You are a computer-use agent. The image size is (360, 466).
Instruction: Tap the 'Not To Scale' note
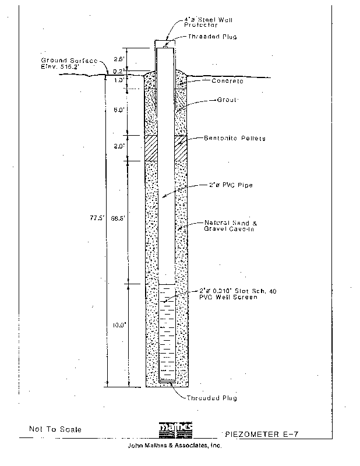55,429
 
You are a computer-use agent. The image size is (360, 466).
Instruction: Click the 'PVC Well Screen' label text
225,296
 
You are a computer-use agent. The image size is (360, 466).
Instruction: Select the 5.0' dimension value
119,110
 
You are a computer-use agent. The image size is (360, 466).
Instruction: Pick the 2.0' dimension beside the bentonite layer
119,146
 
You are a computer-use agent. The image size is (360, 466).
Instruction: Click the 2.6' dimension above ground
119,59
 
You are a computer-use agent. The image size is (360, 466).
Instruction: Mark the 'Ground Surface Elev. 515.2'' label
65,63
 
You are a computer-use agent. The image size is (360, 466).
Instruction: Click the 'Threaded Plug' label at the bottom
212,398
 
